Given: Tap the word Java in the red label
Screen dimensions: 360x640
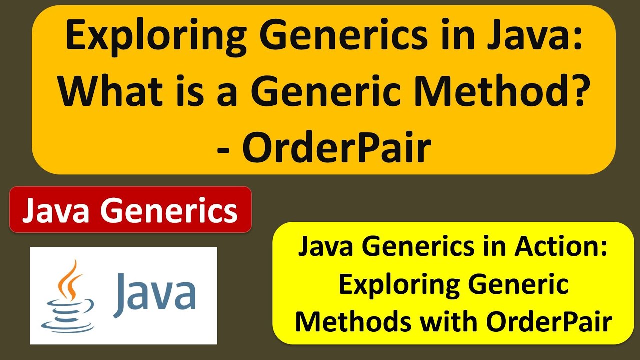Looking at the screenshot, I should (x=57, y=210).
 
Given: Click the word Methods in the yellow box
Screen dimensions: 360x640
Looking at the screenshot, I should (x=353, y=322).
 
